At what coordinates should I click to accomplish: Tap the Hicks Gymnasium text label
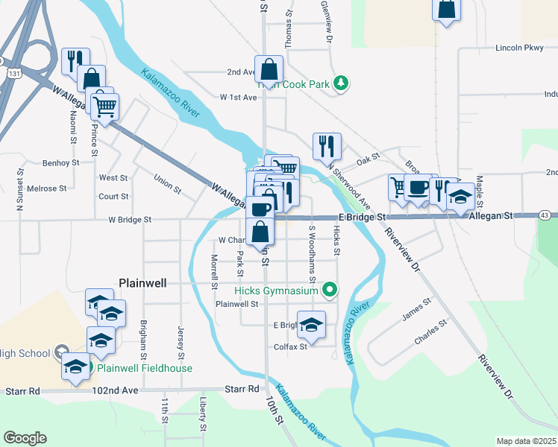[x=276, y=291]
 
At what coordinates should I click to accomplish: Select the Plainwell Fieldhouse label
[x=145, y=368]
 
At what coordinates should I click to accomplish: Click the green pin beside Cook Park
[x=341, y=83]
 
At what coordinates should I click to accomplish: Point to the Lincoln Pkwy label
[x=520, y=48]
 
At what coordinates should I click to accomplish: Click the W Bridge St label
[x=130, y=220]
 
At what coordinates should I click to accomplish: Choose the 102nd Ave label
[x=116, y=390]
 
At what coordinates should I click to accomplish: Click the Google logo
[x=25, y=438]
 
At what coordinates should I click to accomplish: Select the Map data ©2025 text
[x=526, y=441]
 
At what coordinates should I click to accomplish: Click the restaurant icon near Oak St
[x=326, y=146]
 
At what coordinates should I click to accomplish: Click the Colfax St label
[x=291, y=346]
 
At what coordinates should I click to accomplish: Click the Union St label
[x=167, y=183]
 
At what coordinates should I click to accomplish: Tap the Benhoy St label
[x=61, y=162]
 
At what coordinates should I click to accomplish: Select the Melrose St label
[x=47, y=188]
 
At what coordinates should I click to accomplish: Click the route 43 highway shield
[x=545, y=215]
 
